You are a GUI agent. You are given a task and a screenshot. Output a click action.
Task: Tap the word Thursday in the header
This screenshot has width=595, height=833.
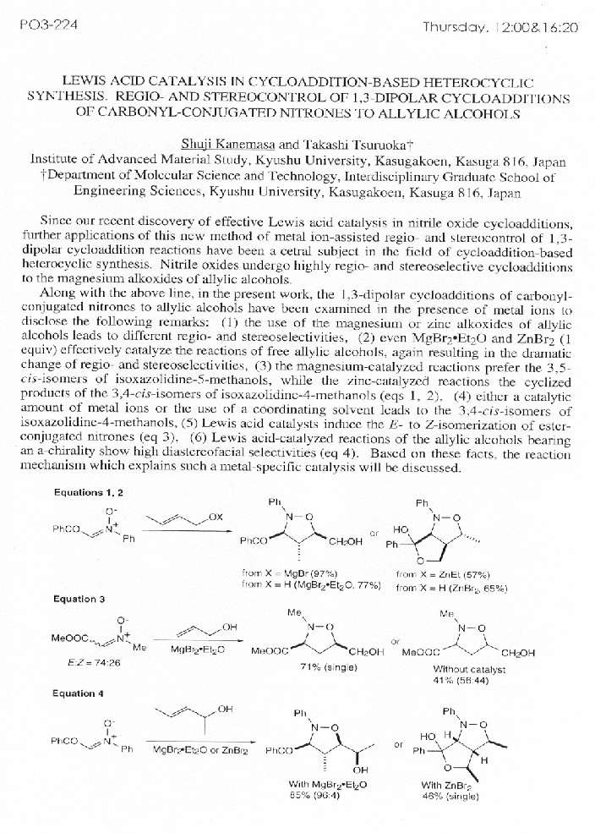click(455, 27)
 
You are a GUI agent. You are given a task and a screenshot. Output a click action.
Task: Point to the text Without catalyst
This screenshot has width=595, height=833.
click(457, 667)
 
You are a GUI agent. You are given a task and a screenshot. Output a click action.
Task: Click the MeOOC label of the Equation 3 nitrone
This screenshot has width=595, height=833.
click(71, 638)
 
